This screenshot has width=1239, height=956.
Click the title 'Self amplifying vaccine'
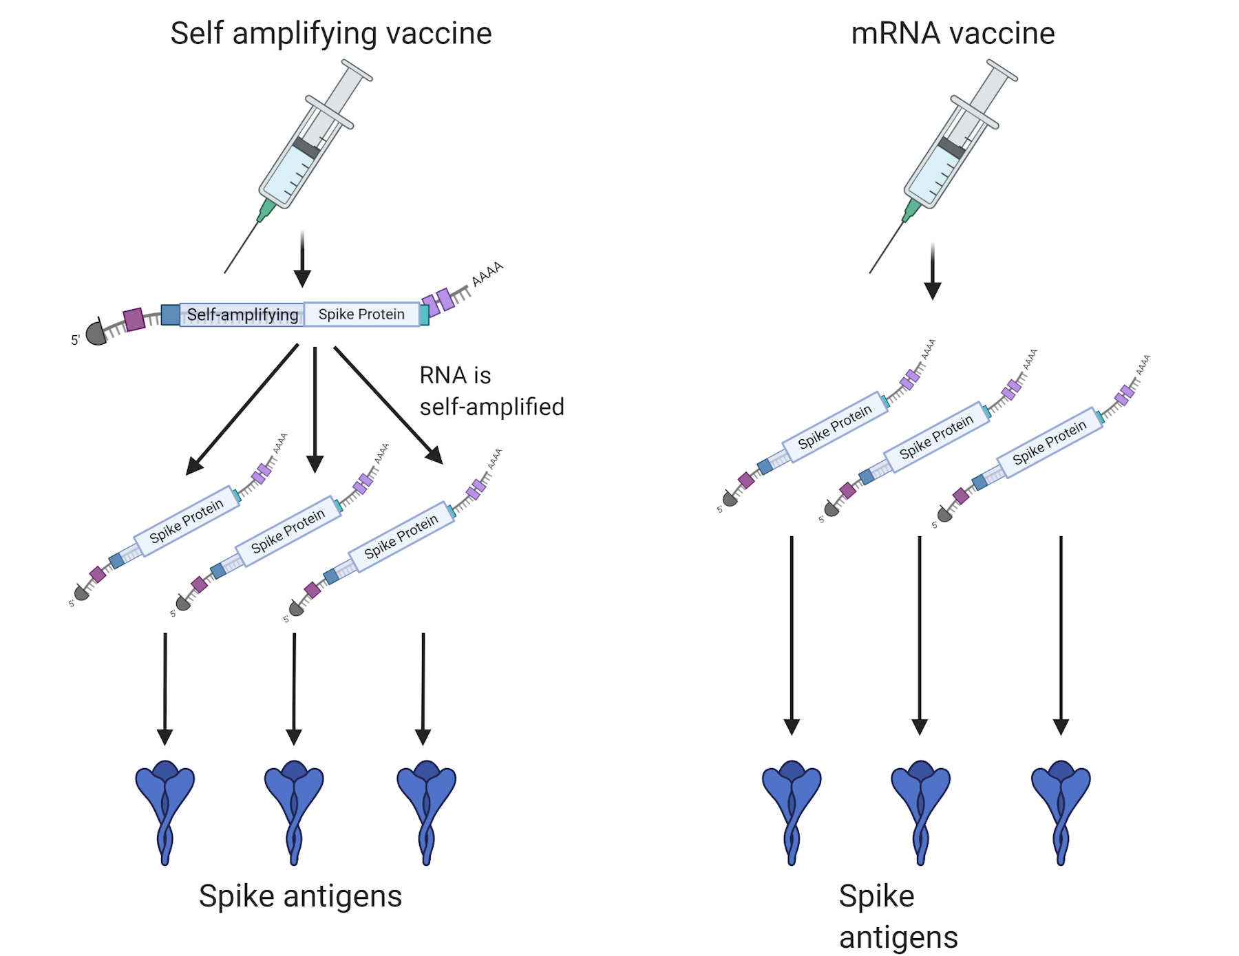tap(330, 33)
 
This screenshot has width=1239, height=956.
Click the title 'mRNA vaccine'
tap(952, 33)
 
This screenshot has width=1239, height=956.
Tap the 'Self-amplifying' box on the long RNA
tap(242, 315)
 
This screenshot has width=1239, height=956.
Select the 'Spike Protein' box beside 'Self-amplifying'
tap(361, 314)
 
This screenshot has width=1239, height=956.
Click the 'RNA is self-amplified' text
tap(491, 391)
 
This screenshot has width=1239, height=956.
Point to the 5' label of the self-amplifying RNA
tap(75, 340)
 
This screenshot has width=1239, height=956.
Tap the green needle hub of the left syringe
tap(266, 209)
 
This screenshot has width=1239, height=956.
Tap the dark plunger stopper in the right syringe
tap(951, 147)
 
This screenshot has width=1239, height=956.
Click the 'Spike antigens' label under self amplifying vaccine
tap(300, 896)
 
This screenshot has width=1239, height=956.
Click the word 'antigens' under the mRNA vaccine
tap(898, 937)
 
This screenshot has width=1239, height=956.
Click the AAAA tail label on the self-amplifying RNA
tap(487, 274)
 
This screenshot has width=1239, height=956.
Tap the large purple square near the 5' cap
tap(134, 319)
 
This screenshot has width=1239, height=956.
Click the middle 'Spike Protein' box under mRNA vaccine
tap(936, 437)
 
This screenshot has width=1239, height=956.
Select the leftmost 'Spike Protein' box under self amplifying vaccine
tap(187, 520)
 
